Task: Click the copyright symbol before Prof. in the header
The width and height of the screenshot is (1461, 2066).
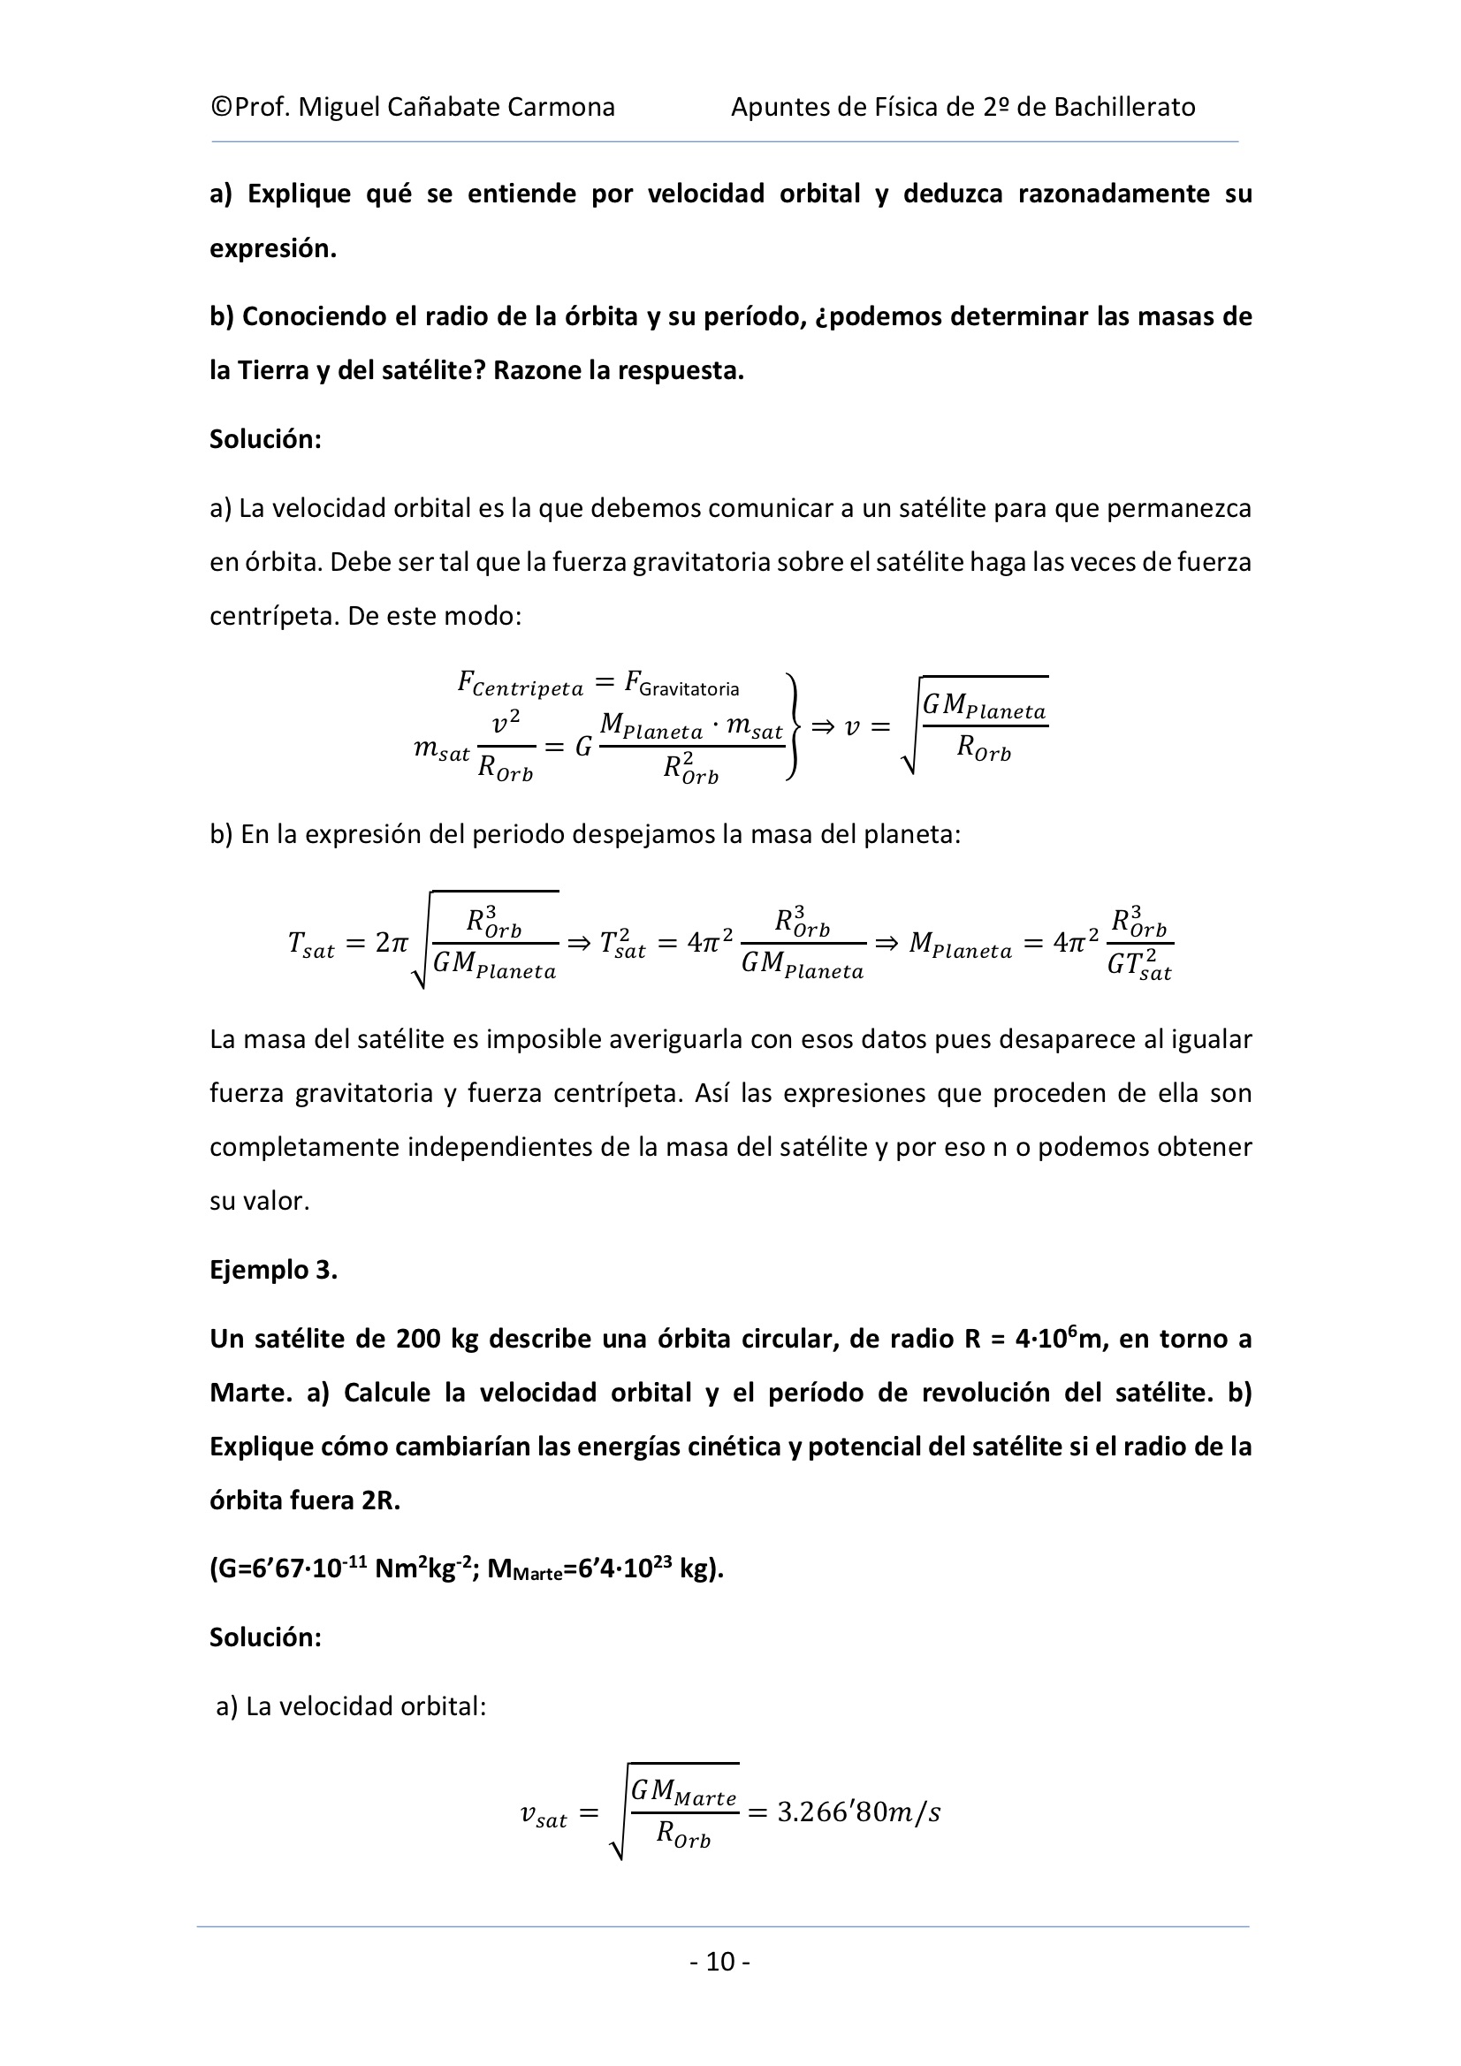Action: [x=221, y=108]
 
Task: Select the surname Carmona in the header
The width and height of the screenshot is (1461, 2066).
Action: [x=561, y=108]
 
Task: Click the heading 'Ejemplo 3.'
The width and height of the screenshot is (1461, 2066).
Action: [x=274, y=1270]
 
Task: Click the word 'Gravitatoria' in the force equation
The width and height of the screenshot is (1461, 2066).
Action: [x=689, y=689]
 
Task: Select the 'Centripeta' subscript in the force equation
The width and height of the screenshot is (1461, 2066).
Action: [x=528, y=690]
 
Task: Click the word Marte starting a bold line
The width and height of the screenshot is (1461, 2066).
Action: [x=251, y=1393]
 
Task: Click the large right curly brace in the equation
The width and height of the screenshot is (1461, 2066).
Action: [x=791, y=727]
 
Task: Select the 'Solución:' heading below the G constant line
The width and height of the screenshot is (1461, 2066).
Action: [x=265, y=1637]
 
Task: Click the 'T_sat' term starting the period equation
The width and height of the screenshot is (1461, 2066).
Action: [x=310, y=945]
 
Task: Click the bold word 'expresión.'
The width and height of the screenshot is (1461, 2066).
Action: [x=273, y=249]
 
